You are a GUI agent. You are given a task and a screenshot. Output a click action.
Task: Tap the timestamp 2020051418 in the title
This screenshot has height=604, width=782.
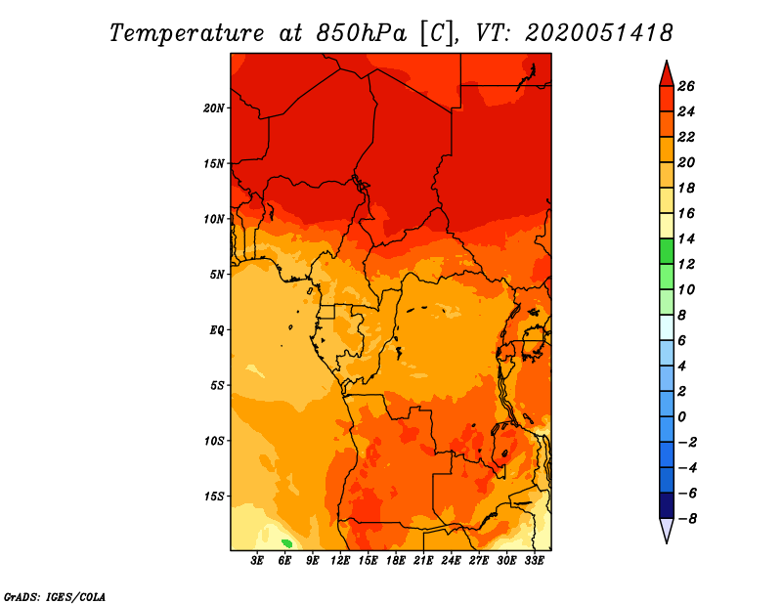coord(598,32)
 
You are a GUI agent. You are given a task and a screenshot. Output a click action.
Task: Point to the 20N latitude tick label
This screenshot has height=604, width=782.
coord(214,108)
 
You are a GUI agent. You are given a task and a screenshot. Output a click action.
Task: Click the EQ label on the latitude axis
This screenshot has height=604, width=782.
coord(216,330)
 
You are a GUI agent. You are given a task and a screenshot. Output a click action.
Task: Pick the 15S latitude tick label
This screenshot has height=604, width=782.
coord(214,496)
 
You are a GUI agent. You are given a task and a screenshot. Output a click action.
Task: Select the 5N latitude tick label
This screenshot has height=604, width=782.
coord(217,275)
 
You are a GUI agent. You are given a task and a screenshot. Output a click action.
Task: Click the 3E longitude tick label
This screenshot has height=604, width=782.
coord(258,561)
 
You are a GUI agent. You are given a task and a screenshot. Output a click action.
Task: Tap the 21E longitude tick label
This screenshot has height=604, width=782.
coord(424,561)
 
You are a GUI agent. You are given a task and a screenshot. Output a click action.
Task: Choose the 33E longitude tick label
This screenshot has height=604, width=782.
coord(535,561)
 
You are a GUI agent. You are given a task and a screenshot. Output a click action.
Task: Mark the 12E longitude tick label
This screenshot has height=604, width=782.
coord(341,561)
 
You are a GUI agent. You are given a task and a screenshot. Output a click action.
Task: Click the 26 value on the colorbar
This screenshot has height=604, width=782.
coord(686,86)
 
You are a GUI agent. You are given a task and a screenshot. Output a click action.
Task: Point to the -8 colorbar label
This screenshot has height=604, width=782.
coord(686,519)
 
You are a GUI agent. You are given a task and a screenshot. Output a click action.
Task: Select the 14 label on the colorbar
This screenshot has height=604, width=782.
coord(686,238)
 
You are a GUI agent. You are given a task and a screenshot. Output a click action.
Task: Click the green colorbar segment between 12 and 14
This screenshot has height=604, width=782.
coord(666,251)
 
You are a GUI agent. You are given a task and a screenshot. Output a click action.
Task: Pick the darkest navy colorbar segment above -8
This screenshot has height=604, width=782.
coord(666,506)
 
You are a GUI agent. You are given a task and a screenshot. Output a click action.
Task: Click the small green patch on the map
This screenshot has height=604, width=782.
coord(287,542)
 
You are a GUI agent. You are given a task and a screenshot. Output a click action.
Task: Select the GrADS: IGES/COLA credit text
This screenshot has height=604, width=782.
coord(55,595)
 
